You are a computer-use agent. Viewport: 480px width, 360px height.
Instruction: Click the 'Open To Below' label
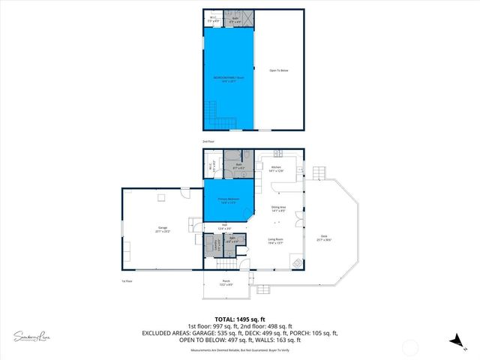click(x=279, y=70)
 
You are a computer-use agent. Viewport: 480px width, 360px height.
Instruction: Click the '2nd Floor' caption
click(x=208, y=142)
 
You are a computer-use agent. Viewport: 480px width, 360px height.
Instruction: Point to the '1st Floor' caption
click(x=127, y=281)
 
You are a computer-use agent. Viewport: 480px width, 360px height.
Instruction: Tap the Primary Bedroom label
click(x=228, y=200)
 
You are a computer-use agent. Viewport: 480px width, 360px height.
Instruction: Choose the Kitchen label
click(x=277, y=169)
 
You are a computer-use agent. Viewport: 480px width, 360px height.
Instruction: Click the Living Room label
click(x=276, y=241)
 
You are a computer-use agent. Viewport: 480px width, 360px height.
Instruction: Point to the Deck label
click(x=324, y=238)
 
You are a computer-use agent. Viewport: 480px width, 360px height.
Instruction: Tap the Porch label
click(x=226, y=283)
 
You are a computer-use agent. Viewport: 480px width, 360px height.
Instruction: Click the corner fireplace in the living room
click(x=298, y=263)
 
